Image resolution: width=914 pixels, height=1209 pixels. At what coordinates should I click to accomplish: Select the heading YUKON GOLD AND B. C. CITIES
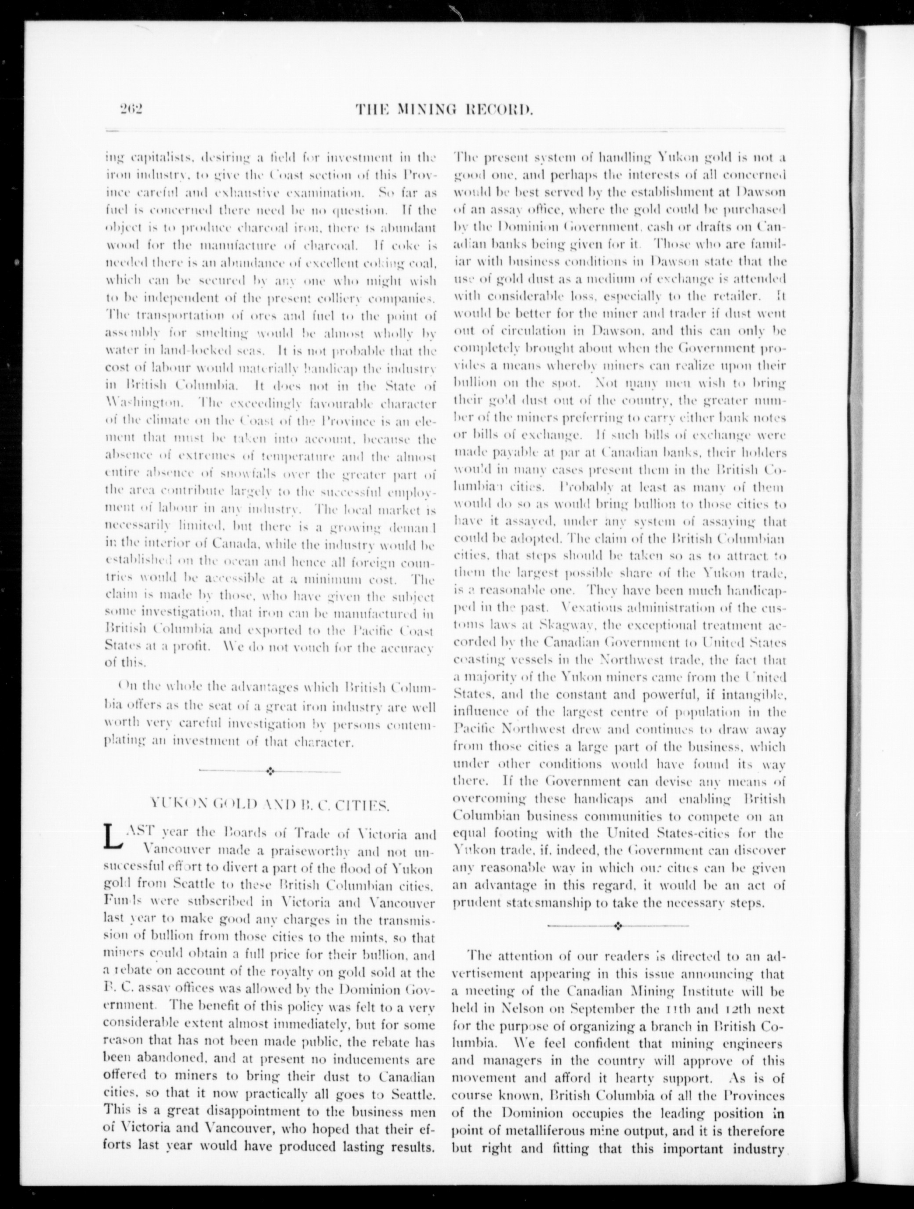268,804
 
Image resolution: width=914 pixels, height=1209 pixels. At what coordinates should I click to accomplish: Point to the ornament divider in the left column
269,771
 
